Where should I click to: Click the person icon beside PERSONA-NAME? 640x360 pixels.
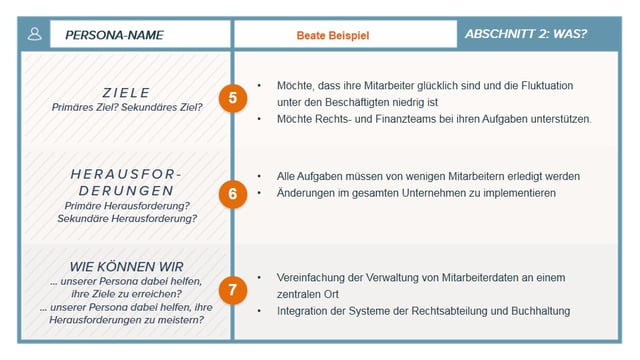pos(35,34)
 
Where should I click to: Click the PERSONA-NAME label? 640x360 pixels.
pos(114,35)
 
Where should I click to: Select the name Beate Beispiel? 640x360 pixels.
pos(332,35)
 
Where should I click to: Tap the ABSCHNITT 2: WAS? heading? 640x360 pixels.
pos(526,34)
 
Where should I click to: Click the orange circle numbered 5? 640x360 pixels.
pos(232,98)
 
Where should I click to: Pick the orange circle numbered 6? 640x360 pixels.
pos(232,193)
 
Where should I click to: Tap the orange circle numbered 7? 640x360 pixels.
pos(232,291)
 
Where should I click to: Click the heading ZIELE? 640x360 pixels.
pos(126,92)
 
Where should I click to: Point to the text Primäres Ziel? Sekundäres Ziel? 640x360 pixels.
pos(126,106)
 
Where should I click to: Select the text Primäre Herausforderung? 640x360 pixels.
pos(126,204)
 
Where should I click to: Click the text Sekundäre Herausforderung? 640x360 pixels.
pos(126,217)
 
